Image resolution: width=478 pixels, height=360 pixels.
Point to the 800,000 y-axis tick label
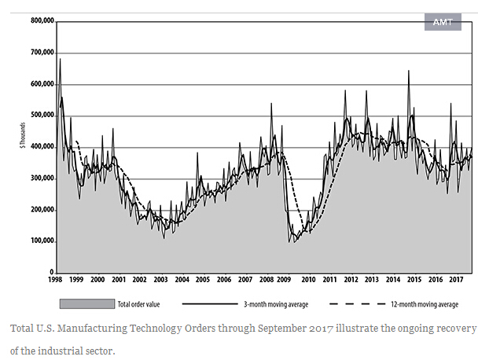pos(41,21)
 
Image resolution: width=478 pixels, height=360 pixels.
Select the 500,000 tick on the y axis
pos(41,116)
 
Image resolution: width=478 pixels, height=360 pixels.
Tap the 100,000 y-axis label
pos(41,241)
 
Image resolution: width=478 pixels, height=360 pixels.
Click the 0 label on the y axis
pos(50,273)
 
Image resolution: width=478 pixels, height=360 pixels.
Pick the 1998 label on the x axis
pos(56,280)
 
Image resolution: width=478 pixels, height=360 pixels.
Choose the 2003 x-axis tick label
pos(160,280)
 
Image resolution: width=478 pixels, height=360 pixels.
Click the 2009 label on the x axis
pos(287,280)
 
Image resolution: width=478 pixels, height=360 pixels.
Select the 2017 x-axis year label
pos(456,280)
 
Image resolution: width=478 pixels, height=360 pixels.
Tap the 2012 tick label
pos(351,280)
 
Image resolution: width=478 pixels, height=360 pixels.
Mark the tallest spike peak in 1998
pos(60,59)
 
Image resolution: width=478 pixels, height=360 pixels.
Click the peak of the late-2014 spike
pos(408,71)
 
